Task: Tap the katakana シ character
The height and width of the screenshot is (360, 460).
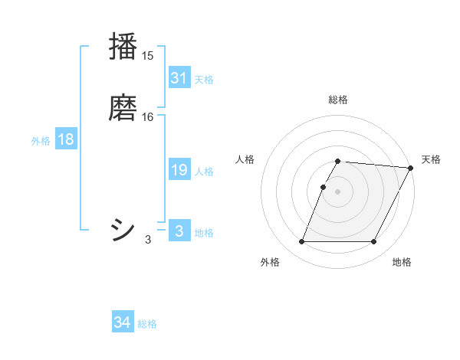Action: [x=123, y=228]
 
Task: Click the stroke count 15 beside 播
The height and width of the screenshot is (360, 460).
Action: [x=147, y=56]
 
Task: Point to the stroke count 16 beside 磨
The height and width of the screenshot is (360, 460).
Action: [x=147, y=116]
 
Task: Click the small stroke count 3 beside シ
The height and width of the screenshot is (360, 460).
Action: [x=147, y=240]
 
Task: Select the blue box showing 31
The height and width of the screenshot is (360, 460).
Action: [x=179, y=78]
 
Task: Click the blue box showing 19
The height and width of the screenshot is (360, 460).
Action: [x=179, y=171]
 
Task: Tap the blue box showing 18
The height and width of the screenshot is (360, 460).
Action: [x=66, y=139]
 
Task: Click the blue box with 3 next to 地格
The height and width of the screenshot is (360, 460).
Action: [x=179, y=231]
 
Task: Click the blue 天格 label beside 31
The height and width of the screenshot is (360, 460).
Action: [x=204, y=80]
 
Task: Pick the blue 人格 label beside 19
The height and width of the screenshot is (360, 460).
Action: [x=204, y=172]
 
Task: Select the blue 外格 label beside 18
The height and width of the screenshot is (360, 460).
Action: [x=41, y=141]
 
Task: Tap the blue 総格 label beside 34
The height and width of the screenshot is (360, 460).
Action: [x=147, y=324]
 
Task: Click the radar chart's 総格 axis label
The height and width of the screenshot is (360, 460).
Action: [x=338, y=100]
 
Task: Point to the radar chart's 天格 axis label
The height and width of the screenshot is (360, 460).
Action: [x=431, y=159]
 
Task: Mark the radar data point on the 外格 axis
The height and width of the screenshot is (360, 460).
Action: [x=302, y=242]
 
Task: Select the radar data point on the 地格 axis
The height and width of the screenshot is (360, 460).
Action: [x=374, y=242]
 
